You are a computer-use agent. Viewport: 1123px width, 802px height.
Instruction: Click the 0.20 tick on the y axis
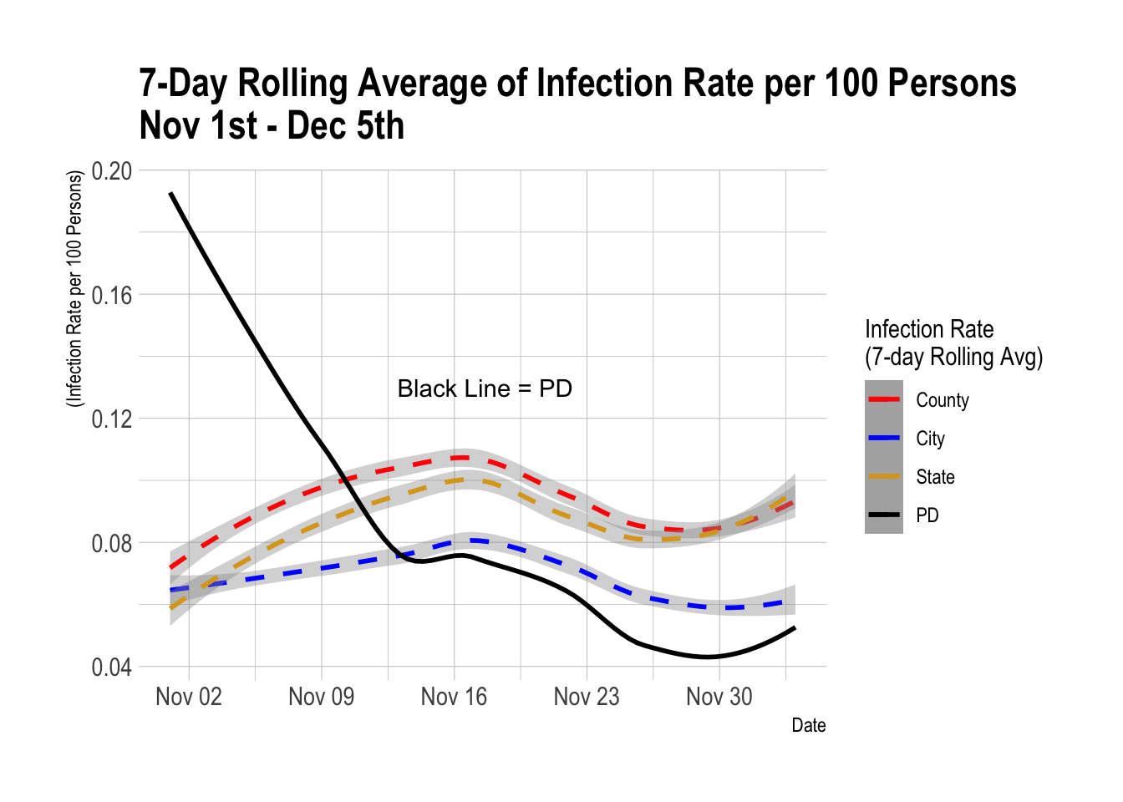pos(112,171)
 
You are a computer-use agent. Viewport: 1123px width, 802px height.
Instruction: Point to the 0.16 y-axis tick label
pos(112,295)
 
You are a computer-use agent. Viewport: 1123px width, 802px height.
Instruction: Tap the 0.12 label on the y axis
pos(112,419)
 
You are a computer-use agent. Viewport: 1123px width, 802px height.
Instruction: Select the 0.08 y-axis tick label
pos(112,543)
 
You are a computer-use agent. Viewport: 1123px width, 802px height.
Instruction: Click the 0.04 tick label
pos(112,667)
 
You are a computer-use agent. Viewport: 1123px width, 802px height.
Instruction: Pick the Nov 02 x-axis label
pos(189,697)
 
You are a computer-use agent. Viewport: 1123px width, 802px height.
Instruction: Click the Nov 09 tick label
pos(322,697)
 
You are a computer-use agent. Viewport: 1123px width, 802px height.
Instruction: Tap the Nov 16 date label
pos(454,697)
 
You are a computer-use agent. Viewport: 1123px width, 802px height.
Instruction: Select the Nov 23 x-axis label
pos(587,697)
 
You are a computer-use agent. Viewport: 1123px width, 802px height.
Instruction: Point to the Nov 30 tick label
pos(719,697)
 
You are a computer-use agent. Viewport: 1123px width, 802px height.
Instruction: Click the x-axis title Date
pos(808,725)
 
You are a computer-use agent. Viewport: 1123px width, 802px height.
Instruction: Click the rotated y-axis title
pos(75,289)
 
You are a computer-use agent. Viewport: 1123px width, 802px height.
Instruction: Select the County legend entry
pos(942,400)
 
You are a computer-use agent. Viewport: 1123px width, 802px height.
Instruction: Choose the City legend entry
pos(930,439)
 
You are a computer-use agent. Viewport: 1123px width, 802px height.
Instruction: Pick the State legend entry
pos(935,477)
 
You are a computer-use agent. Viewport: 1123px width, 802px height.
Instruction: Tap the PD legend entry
pos(927,515)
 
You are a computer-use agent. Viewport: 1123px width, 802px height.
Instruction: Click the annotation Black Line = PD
pos(485,388)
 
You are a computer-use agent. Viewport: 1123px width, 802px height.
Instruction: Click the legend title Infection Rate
pos(929,329)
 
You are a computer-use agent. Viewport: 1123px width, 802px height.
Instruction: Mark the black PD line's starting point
pos(170,193)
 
